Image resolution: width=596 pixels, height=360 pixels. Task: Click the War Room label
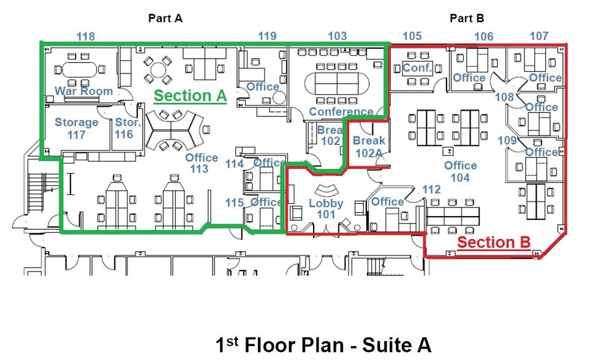pos(84,91)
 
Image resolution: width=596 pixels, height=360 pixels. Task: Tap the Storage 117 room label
pos(76,128)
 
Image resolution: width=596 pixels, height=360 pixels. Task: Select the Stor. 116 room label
pos(128,128)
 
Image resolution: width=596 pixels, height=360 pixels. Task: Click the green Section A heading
pos(190,96)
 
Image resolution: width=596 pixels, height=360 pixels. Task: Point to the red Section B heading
pos(494,242)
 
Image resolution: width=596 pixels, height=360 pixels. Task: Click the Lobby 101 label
pos(326,209)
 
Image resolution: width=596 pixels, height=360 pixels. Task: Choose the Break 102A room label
pos(369,147)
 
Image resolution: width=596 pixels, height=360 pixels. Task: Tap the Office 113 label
pos(202,163)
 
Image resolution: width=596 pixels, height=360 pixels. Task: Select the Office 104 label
pos(460,171)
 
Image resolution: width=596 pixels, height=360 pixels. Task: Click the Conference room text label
pos(341,111)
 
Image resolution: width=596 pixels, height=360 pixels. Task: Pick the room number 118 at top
pos(85,37)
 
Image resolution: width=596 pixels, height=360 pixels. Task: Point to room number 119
pos(266,37)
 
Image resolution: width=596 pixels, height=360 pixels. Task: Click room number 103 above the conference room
pos(337,37)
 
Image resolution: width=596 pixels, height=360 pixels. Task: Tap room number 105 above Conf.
pos(412,37)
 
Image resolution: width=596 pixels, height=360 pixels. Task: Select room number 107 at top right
pos(539,37)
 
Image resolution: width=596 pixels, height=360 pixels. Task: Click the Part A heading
pos(165,18)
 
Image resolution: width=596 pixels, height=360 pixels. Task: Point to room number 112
pos(431,190)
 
